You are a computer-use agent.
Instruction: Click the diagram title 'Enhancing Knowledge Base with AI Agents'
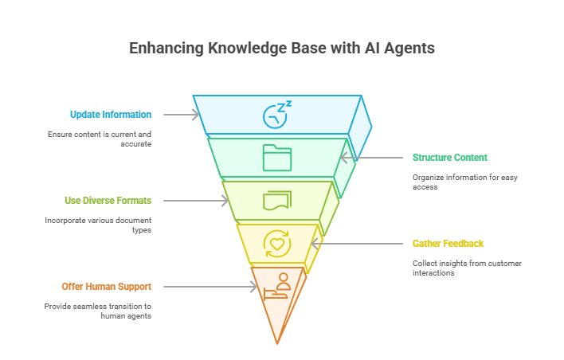click(x=282, y=48)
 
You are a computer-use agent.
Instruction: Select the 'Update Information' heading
click(x=110, y=115)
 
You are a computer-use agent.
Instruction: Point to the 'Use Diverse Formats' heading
click(x=108, y=200)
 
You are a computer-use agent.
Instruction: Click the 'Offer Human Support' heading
click(x=107, y=287)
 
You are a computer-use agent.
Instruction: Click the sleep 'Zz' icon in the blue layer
click(x=277, y=114)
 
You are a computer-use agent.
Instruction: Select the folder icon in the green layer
click(x=277, y=157)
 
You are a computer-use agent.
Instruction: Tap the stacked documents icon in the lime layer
click(x=277, y=200)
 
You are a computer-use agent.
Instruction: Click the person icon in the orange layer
click(x=278, y=284)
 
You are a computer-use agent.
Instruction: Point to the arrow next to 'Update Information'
click(x=180, y=115)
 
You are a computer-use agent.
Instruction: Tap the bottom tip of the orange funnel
click(x=277, y=342)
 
